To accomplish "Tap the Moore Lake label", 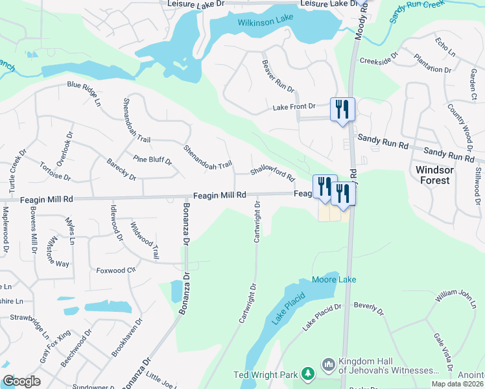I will click(334, 279).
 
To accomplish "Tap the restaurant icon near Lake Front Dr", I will click(342, 109).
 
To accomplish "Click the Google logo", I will click(21, 381).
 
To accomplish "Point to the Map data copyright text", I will click(457, 384).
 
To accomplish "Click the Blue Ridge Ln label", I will click(84, 92).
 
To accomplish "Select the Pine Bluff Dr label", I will click(152, 160).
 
